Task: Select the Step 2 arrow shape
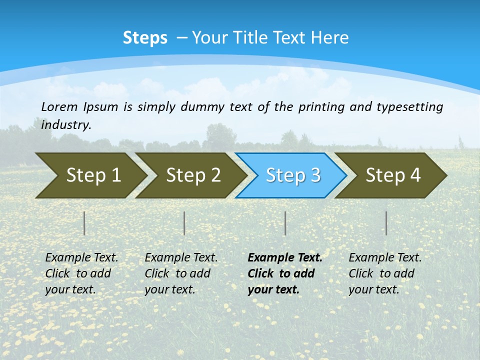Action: tap(193, 175)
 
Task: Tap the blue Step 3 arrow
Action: tap(293, 175)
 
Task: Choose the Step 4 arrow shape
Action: tap(393, 175)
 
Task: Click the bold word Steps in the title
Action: tap(145, 38)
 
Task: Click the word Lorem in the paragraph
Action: tap(59, 106)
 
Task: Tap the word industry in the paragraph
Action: tap(66, 124)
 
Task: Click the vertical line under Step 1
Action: tap(84, 223)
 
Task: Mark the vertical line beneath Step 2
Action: tap(184, 223)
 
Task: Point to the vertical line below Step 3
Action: tap(285, 223)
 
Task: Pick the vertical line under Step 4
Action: tap(386, 223)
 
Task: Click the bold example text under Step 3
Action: tap(284, 273)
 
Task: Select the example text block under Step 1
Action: tap(81, 273)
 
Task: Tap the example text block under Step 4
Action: tap(385, 273)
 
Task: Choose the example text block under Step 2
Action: tap(181, 273)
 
